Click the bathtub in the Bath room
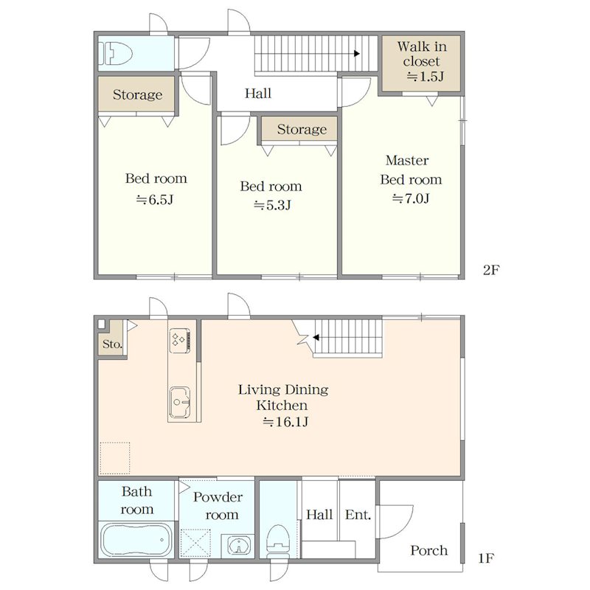pyautogui.click(x=136, y=541)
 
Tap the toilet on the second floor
pyautogui.click(x=116, y=53)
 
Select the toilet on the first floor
pyautogui.click(x=278, y=541)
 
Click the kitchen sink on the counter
pyautogui.click(x=179, y=402)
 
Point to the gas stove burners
pyautogui.click(x=179, y=341)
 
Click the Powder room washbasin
pyautogui.click(x=237, y=545)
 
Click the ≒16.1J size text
pyautogui.click(x=285, y=422)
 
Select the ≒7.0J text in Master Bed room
pyautogui.click(x=411, y=198)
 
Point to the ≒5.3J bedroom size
pyautogui.click(x=272, y=205)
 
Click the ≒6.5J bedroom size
pyautogui.click(x=155, y=199)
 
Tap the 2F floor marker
pyautogui.click(x=491, y=270)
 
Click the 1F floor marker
pyautogui.click(x=485, y=558)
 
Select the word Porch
pyautogui.click(x=429, y=550)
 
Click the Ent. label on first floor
pyautogui.click(x=358, y=514)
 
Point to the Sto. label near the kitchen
pyautogui.click(x=112, y=344)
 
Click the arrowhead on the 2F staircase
pyautogui.click(x=357, y=53)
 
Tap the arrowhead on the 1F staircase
pyautogui.click(x=316, y=338)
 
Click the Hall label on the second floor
pyautogui.click(x=257, y=93)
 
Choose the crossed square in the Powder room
pyautogui.click(x=195, y=543)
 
